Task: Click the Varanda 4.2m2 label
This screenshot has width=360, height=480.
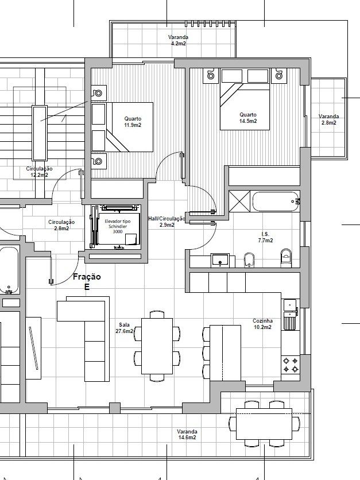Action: pos(178,40)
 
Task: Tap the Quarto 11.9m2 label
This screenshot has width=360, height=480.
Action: pos(133,122)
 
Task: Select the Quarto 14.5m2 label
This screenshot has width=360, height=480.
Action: pos(248,118)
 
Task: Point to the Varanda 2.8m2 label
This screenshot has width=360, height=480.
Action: pos(329,119)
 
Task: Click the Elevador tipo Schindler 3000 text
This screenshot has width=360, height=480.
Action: pos(118,226)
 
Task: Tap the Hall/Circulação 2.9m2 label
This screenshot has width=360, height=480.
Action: pos(167,222)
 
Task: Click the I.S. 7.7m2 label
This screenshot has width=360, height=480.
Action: pos(265,237)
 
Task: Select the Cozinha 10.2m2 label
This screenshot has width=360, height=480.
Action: pos(262,324)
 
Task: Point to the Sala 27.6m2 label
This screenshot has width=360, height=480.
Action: pos(124,328)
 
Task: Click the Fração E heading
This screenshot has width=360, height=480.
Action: pos(87,282)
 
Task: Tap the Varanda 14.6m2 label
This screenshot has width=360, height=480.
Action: pos(187,435)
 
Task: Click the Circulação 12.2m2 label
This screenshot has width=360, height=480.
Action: pos(39,172)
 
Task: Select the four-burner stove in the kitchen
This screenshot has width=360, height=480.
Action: pos(290,365)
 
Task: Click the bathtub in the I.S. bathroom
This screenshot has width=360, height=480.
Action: pos(276,202)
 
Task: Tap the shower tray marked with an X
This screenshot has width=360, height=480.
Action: pos(239,201)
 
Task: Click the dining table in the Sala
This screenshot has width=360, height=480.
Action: pos(157,346)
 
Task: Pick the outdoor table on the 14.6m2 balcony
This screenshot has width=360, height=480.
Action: pos(264,424)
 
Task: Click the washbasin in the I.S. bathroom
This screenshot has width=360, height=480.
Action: pos(220,260)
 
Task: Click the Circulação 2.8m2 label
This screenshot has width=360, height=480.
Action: pos(61,225)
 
